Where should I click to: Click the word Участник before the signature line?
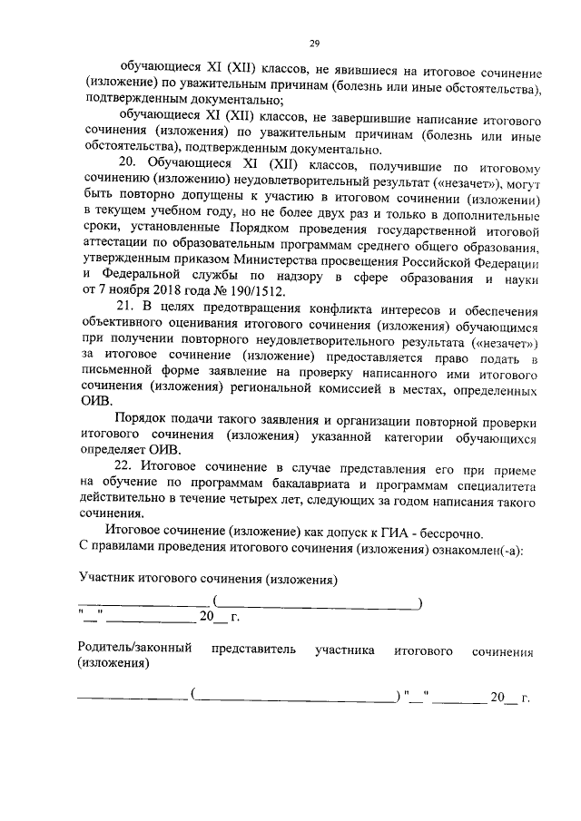click(x=113, y=578)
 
